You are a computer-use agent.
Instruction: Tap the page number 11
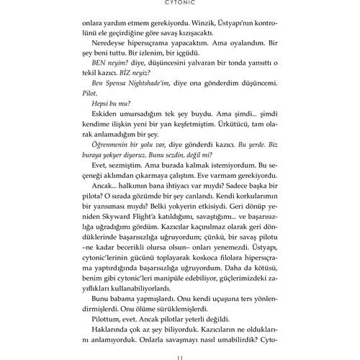pyautogui.click(x=180, y=351)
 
